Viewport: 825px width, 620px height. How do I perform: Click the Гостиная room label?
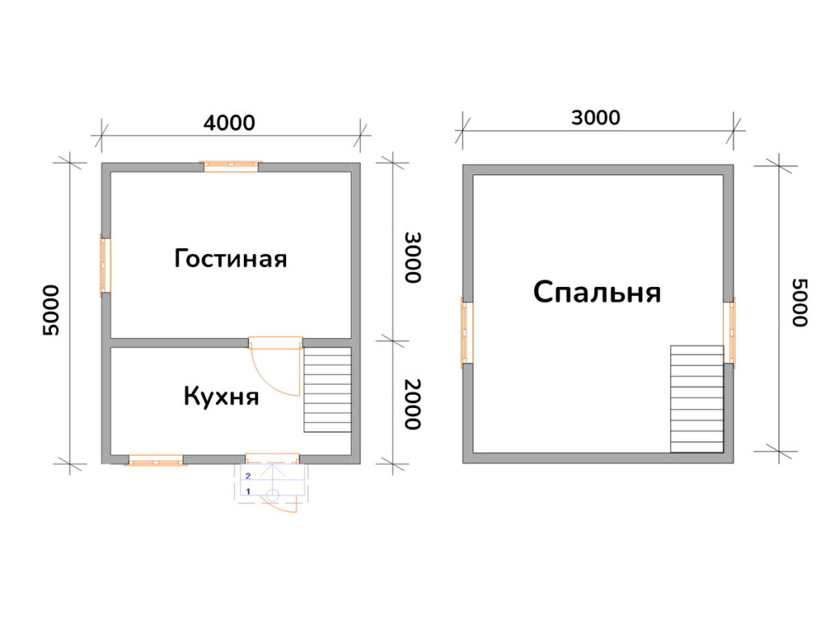230,260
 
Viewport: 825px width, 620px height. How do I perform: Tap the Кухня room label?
221,397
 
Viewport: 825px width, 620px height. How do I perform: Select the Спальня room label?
596,292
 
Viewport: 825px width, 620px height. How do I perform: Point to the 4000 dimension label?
229,123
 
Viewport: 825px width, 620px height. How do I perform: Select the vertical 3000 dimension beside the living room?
412,257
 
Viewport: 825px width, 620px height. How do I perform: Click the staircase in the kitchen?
327,389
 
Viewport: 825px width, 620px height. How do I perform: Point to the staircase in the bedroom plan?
697,398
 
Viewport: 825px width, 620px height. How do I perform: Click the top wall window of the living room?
231,166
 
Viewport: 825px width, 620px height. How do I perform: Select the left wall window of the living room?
105,264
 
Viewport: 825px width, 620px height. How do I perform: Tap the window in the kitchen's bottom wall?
155,460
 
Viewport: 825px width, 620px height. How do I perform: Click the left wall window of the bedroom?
467,332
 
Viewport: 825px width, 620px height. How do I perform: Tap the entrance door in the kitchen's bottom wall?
272,459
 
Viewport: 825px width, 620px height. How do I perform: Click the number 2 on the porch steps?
249,476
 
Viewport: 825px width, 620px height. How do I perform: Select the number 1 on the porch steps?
249,490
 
